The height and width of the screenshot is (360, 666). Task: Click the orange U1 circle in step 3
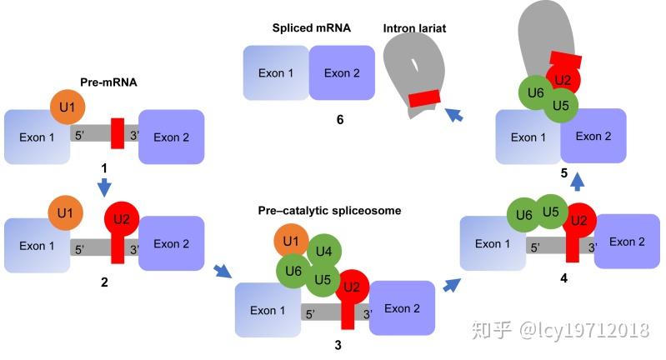coord(290,242)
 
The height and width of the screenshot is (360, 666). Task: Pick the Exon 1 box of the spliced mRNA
coord(275,73)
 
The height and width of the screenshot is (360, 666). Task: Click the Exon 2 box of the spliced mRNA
coord(342,73)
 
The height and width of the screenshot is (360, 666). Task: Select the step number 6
coord(340,119)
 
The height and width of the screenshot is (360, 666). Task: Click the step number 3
coord(337,343)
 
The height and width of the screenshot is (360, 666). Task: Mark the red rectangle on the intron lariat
coord(424,98)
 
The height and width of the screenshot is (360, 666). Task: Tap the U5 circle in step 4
coord(550,212)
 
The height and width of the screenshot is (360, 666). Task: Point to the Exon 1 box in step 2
coord(38,245)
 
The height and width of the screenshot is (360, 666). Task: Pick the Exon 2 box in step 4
coord(627,241)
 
